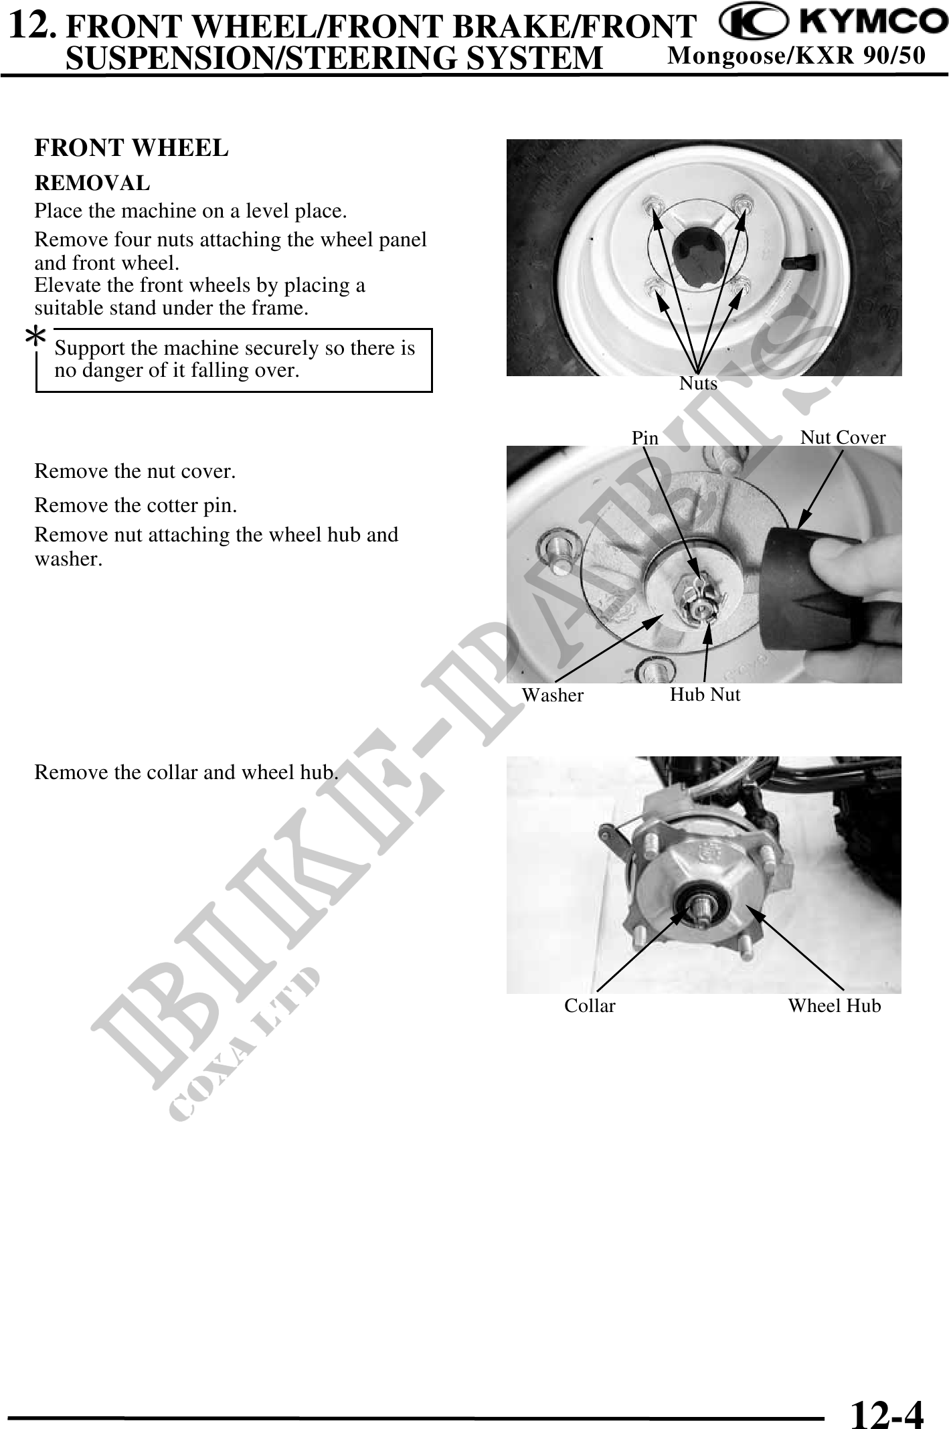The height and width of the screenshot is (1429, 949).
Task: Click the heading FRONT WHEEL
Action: [131, 148]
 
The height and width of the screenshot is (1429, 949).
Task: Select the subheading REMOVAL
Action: [92, 183]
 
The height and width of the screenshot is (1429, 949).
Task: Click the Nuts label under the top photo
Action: [698, 384]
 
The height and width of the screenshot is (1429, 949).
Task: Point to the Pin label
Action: [645, 438]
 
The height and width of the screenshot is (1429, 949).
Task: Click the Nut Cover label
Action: [843, 438]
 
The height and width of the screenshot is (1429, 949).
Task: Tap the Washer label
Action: [552, 695]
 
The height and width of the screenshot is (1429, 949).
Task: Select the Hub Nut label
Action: [705, 695]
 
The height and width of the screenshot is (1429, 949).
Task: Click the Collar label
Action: [590, 1006]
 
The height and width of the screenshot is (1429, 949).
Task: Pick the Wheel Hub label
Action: [834, 1006]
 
